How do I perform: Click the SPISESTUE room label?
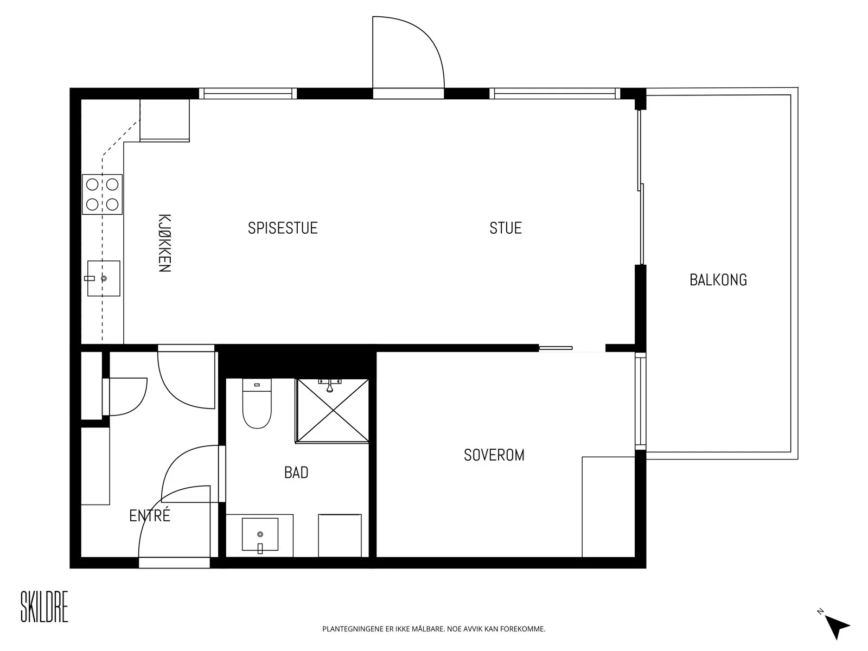click(x=282, y=228)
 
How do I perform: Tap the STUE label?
click(x=506, y=228)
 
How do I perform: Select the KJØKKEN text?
click(x=164, y=243)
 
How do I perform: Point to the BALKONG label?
click(x=718, y=280)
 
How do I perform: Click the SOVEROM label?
click(x=494, y=455)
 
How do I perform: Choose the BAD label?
click(x=296, y=473)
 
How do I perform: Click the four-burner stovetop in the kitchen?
click(x=102, y=194)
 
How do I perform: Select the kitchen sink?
click(x=103, y=278)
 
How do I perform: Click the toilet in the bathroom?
click(x=257, y=403)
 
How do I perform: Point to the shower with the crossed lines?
click(x=333, y=410)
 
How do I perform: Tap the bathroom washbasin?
click(x=260, y=534)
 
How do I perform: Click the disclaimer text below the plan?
click(x=434, y=629)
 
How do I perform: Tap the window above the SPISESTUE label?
click(x=247, y=94)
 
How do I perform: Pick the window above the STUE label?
click(x=555, y=94)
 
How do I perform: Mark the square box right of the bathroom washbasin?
click(x=340, y=535)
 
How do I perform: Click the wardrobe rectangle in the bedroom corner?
click(x=609, y=507)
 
